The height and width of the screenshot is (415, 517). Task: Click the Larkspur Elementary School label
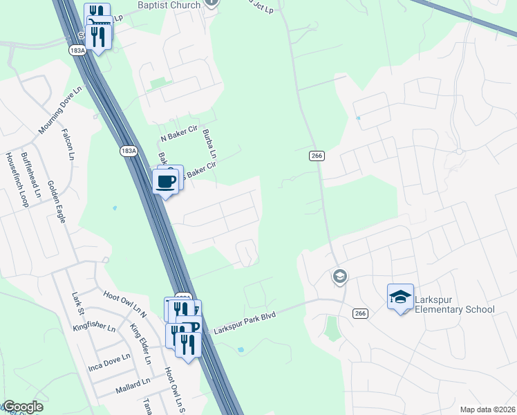pos(455,304)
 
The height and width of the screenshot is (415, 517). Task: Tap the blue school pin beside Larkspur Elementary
pos(400,297)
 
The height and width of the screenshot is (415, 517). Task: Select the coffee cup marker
pos(166,183)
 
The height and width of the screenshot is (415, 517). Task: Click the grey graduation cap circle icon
pos(339,277)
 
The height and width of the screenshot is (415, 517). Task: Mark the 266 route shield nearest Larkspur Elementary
pos(359,313)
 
